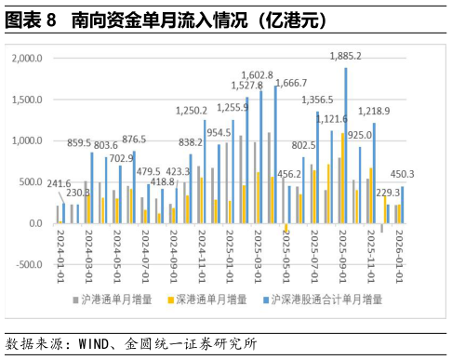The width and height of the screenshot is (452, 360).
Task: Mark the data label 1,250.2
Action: click(191, 110)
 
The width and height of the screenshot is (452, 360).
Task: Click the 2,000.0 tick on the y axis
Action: click(31, 59)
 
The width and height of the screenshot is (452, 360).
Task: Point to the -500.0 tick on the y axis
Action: click(31, 265)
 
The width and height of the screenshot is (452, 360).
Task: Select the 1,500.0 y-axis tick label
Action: click(31, 100)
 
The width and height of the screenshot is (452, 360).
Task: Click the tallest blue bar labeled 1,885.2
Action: click(346, 144)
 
